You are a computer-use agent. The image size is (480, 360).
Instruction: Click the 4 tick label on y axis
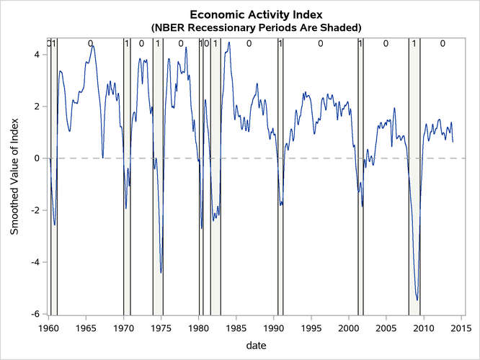(x=36, y=54)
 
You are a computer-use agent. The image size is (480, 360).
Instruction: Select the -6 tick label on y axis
(x=34, y=314)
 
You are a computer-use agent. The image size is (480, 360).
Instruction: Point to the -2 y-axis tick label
(x=34, y=210)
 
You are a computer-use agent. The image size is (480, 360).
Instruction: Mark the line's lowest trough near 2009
(x=417, y=300)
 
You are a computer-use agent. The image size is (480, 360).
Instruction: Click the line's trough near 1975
(x=161, y=272)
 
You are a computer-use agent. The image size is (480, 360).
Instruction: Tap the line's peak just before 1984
(x=229, y=42)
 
